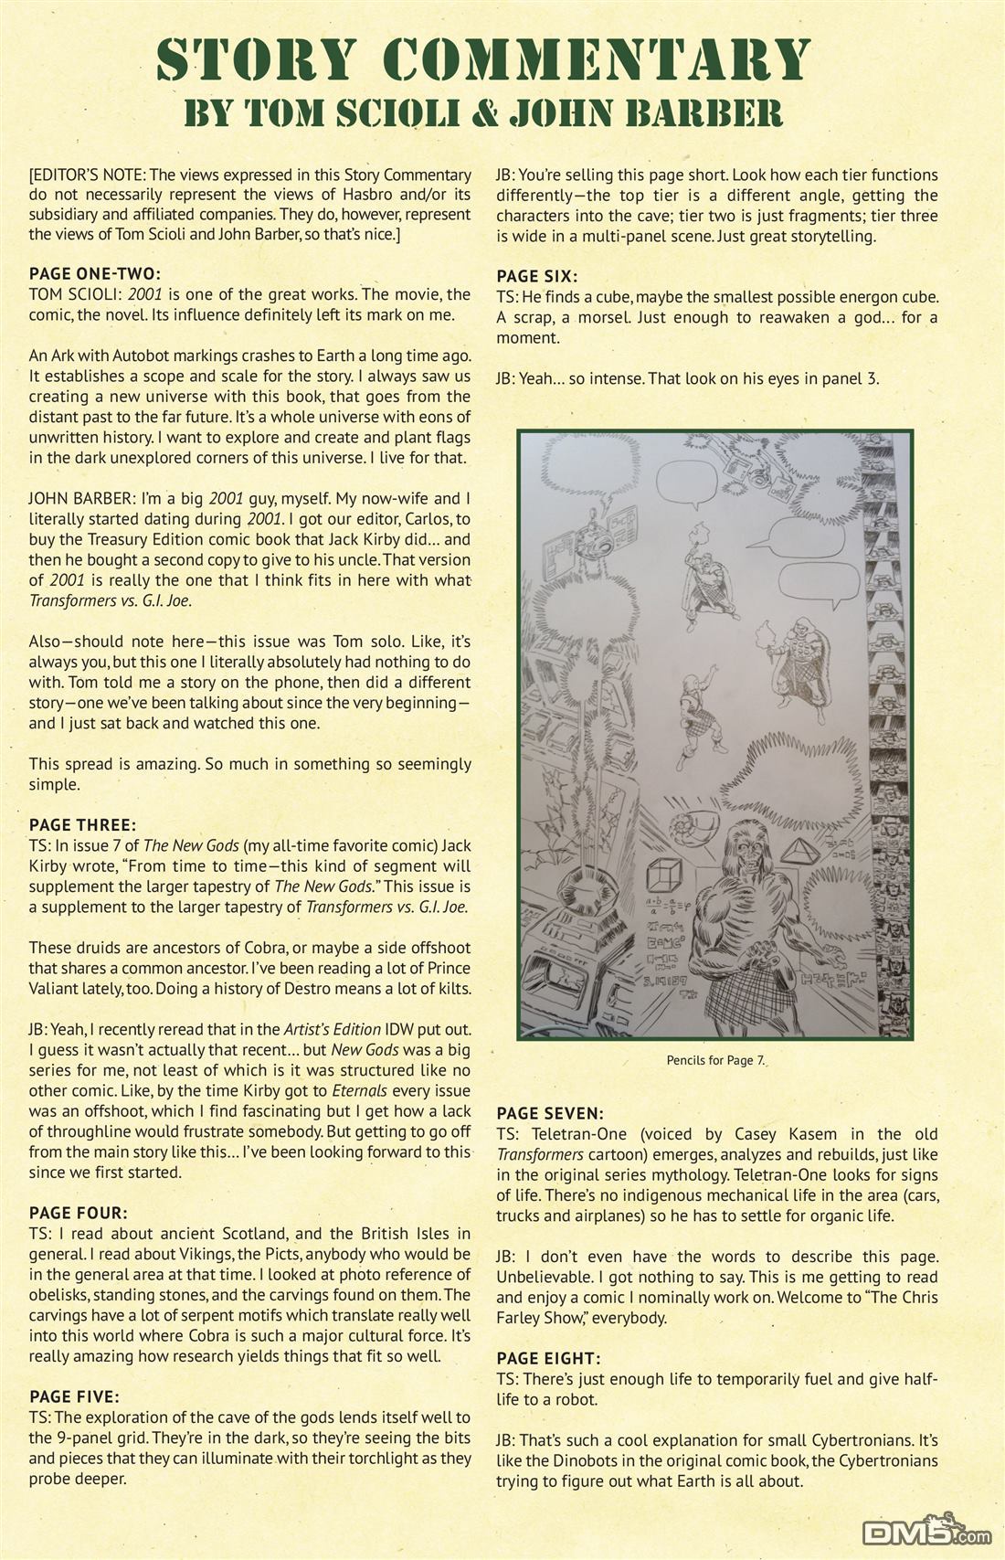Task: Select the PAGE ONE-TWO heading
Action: [94, 273]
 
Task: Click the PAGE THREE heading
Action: [83, 825]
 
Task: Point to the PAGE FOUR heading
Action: [78, 1214]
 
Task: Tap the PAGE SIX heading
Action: [536, 276]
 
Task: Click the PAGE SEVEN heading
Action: [550, 1114]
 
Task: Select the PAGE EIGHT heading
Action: [548, 1359]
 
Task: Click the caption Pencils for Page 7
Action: [715, 1060]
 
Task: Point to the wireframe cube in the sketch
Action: [667, 875]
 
